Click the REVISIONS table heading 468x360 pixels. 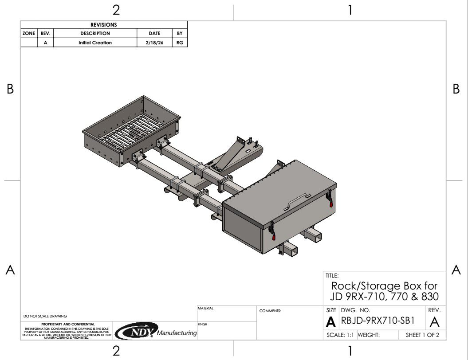coord(103,25)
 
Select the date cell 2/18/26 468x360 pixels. coord(154,43)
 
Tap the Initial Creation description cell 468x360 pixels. coord(95,43)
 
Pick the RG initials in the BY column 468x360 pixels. coord(180,43)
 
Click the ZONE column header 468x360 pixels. coord(29,33)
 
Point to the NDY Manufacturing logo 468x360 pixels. coord(156,331)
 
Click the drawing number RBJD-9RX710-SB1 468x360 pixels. coord(378,321)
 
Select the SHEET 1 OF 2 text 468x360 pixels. coord(422,335)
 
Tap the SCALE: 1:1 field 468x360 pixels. coord(340,335)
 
